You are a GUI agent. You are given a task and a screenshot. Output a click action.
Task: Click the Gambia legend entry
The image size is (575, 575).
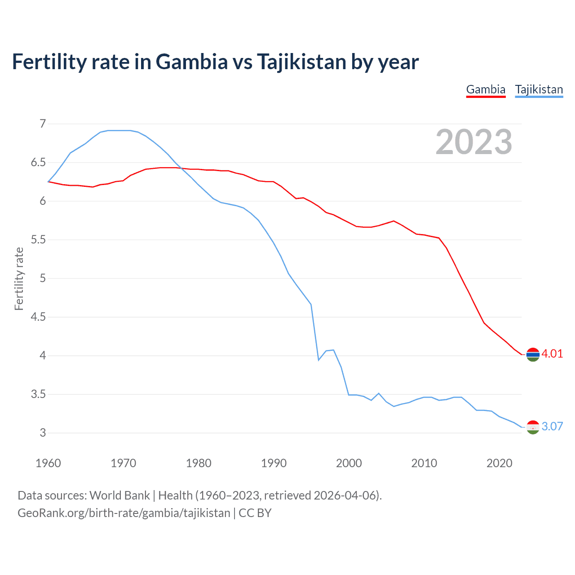coord(486,89)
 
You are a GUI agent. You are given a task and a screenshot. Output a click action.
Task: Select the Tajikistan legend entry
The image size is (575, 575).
coord(539,89)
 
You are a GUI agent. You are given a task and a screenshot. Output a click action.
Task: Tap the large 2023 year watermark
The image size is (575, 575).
coord(473,142)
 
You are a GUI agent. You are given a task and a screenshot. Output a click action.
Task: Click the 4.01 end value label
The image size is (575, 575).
coord(552,354)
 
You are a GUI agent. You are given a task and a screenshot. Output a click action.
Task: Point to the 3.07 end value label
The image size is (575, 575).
coord(552,426)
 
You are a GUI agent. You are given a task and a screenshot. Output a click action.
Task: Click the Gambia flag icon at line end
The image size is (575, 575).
coord(533,354)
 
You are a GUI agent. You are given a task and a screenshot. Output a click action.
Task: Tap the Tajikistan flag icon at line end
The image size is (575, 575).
coord(533,427)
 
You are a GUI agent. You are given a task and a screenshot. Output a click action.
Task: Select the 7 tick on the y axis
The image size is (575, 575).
coord(43,124)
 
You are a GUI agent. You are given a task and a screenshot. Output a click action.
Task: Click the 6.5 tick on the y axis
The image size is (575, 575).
coord(38,162)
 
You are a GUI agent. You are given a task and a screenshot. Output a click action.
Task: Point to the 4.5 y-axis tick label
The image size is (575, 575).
coord(38,317)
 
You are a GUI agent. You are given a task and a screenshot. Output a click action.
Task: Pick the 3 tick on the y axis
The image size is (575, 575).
coord(43,433)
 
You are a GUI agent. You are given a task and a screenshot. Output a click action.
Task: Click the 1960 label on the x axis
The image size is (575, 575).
coord(48,463)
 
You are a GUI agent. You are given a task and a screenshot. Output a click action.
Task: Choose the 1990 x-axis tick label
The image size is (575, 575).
coord(274,463)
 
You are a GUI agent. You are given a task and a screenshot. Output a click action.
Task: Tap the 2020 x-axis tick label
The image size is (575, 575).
coord(499,463)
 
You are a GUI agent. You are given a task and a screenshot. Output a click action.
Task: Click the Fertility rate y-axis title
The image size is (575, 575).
coord(19,279)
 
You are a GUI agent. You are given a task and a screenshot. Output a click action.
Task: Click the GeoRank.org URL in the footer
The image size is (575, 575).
coord(124,513)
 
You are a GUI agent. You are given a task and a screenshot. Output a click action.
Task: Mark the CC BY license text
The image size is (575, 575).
coord(255,513)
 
